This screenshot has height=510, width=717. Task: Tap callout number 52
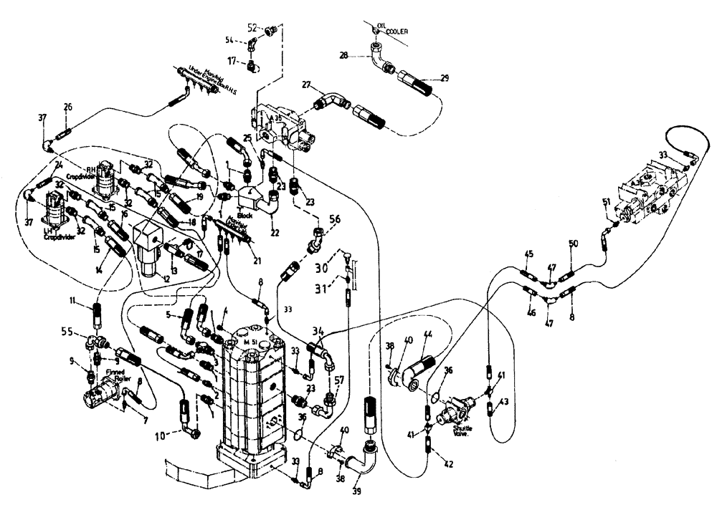(252, 27)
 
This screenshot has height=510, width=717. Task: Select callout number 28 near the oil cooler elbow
(343, 54)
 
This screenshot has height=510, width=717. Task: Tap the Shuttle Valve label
(462, 430)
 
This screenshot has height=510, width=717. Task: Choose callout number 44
(427, 335)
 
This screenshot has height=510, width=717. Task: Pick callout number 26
(67, 107)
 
